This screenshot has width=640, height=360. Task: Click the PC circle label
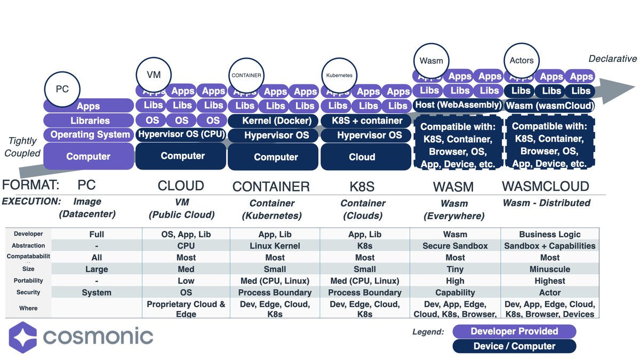tap(62, 89)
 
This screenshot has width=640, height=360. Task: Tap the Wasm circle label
tap(431, 60)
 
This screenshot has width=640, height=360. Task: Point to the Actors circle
tap(521, 60)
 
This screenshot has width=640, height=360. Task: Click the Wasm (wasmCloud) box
tap(549, 105)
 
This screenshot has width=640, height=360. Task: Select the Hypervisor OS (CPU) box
tap(181, 134)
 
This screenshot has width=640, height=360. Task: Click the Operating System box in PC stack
tap(89, 135)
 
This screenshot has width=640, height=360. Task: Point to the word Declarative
tap(612, 59)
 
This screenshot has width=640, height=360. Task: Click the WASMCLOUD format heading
tap(546, 186)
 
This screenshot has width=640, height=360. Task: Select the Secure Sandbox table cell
tap(455, 246)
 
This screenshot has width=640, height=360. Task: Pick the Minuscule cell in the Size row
tap(549, 269)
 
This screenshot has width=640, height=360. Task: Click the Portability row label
tap(29, 281)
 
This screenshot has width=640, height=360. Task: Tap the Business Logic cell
tap(549, 234)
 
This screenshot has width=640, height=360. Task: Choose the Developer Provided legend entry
tap(514, 331)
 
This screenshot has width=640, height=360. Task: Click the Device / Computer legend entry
tap(514, 346)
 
